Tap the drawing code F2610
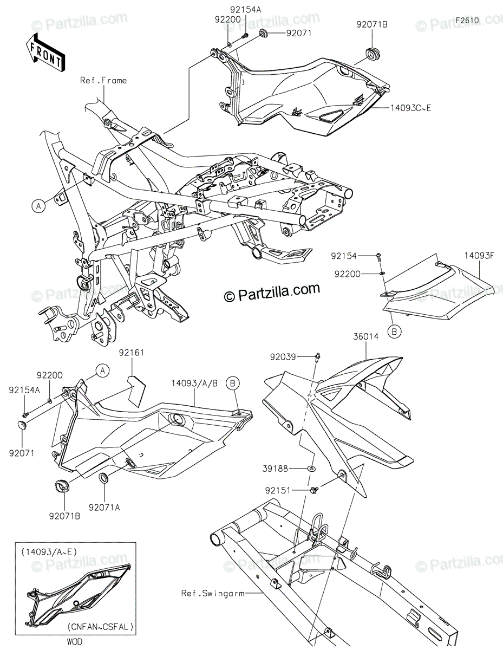tap(467, 20)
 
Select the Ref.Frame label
tap(103, 81)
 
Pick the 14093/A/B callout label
tap(195, 383)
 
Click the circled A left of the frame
tap(38, 205)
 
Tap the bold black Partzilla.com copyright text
tap(272, 293)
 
